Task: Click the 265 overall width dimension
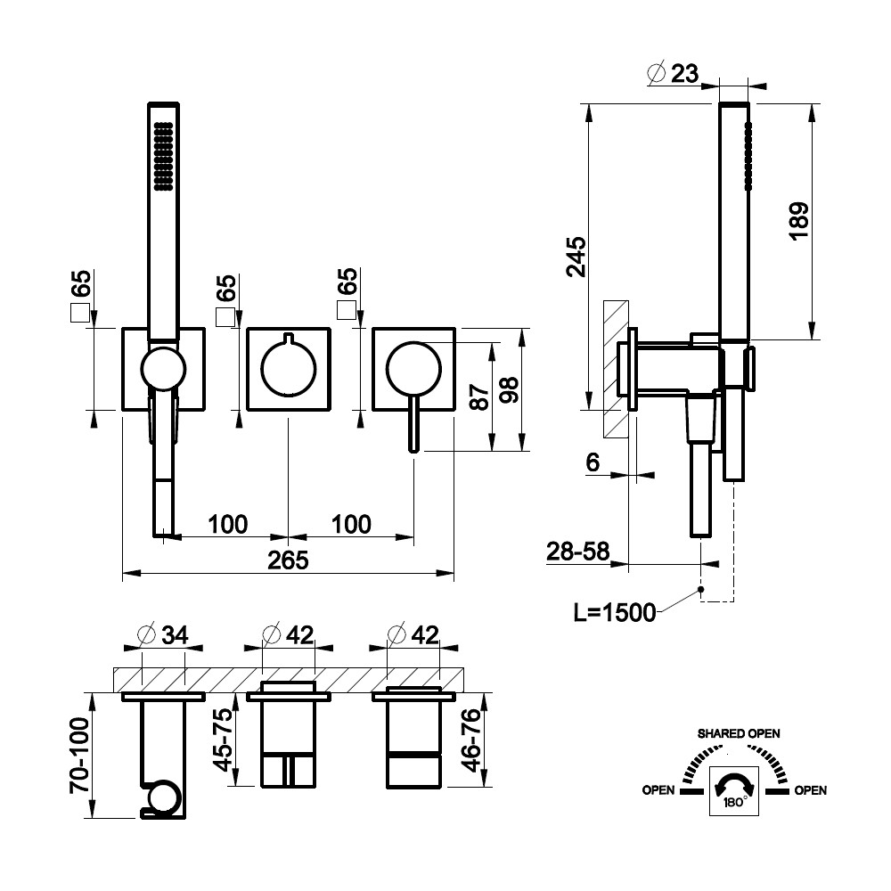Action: point(288,560)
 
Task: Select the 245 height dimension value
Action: point(576,257)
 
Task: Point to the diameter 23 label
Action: point(674,75)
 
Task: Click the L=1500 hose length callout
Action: point(615,612)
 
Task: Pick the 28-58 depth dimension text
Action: point(578,552)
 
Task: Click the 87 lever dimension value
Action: point(480,396)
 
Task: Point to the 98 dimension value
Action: point(509,390)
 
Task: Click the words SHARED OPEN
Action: point(739,733)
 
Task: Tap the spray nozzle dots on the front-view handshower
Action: point(162,155)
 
